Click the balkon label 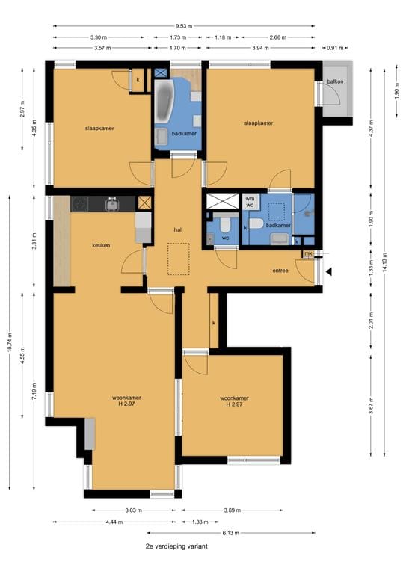coord(335,81)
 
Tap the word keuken coord(102,244)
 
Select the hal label coord(178,229)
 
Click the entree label coord(280,271)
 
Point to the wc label coord(224,238)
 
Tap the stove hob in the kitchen coord(80,203)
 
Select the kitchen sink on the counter coord(111,203)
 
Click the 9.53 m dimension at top coord(184,25)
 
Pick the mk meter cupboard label coord(307,254)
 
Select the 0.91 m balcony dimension coord(336,49)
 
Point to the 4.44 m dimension coord(114,522)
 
